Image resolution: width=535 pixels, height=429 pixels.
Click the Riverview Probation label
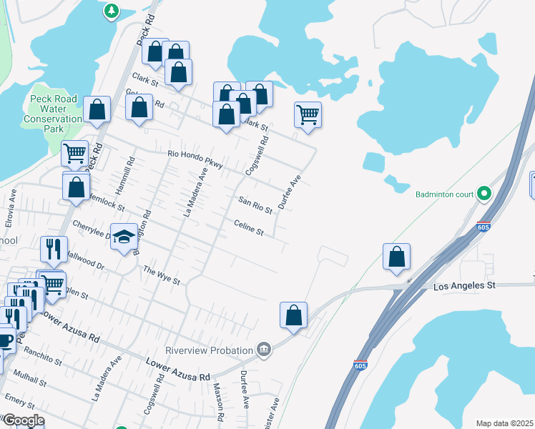[x=210, y=350]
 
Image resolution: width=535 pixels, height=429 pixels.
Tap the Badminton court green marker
[x=484, y=194]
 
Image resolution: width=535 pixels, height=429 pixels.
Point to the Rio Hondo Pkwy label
[x=195, y=158]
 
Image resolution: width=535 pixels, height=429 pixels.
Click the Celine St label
[x=249, y=228]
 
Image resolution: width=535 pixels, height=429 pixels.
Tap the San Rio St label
[x=255, y=205]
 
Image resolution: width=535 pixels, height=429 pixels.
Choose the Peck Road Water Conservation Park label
[x=53, y=114]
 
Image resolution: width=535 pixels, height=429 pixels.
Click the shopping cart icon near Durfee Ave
[x=308, y=114]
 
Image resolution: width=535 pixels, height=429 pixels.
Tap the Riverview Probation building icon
[x=264, y=349]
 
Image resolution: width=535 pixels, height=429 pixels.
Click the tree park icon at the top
[x=111, y=11]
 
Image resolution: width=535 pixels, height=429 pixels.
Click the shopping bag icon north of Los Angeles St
[x=396, y=257]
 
